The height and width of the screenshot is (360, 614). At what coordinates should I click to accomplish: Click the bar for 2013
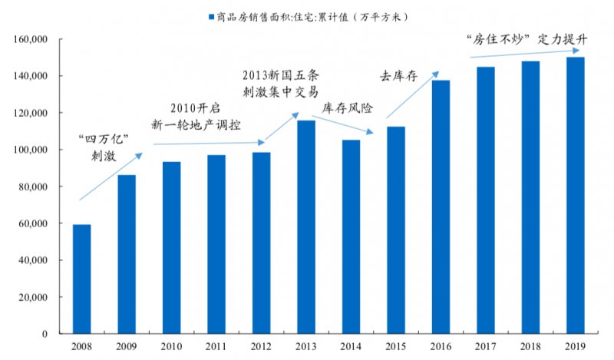pos(307,226)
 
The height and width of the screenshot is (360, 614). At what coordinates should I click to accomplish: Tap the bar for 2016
pos(441,206)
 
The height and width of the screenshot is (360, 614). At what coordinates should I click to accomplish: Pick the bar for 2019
pos(575,195)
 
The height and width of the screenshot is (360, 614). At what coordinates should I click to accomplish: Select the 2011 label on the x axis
pos(216,348)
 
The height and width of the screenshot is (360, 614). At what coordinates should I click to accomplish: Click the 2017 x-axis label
pos(485,348)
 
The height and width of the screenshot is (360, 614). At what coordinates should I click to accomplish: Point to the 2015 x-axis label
pos(395,348)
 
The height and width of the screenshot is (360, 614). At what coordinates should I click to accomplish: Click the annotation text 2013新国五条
pos(279,75)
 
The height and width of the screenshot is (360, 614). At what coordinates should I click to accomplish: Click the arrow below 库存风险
pos(350,126)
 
